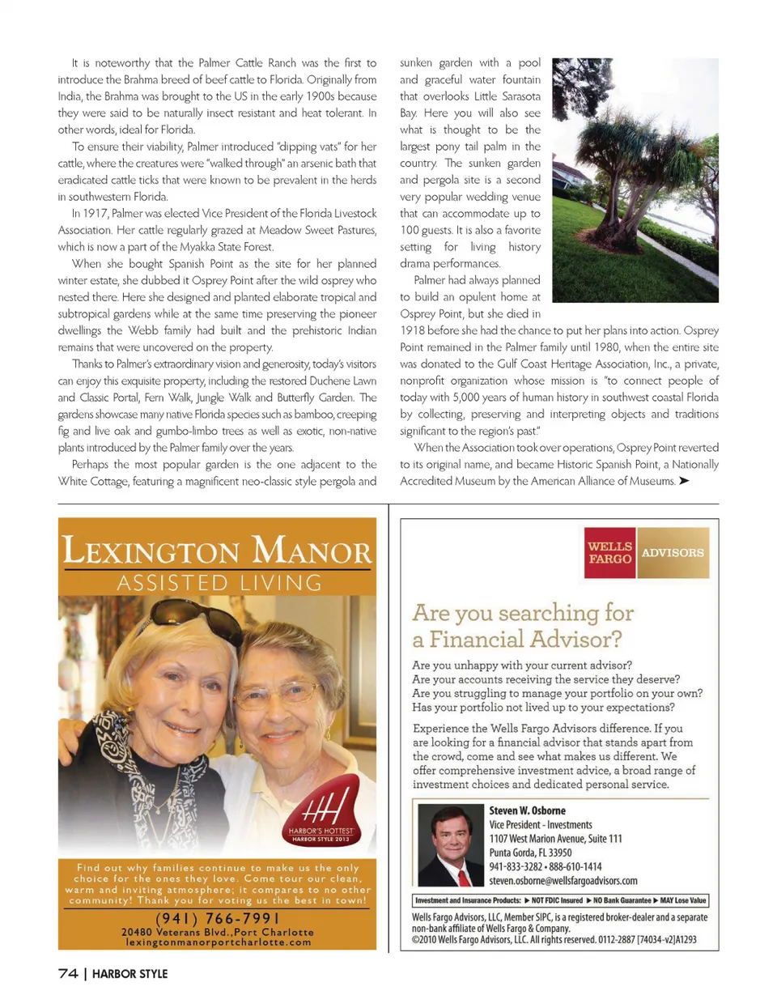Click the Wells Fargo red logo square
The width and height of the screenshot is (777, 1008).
(610, 553)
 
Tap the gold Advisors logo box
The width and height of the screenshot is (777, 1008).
(673, 553)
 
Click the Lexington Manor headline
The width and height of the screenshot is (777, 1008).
(217, 551)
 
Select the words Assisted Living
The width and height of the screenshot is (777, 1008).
(219, 583)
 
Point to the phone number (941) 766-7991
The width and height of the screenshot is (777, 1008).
(217, 918)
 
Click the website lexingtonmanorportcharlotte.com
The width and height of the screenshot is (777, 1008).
(218, 942)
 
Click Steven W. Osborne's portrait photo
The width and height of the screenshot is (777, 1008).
(450, 845)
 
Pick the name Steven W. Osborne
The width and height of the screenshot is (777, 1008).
(527, 810)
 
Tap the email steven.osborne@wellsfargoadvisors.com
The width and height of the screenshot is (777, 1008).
(563, 881)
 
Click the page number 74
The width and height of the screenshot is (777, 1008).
(68, 973)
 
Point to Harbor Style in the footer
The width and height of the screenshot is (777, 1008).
(129, 974)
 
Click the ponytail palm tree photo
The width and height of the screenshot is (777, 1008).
(635, 180)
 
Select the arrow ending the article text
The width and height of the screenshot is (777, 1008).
(684, 481)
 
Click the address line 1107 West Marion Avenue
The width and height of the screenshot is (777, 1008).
(555, 839)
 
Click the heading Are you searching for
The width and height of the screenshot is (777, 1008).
(523, 613)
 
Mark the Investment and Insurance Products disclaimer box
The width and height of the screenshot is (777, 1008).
(560, 900)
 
